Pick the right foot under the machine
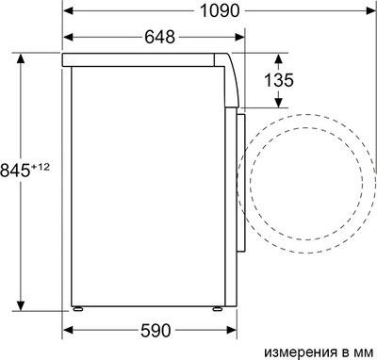[x=218, y=308]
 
